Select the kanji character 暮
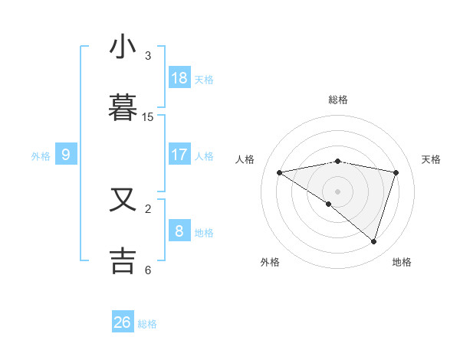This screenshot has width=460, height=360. [x=123, y=108]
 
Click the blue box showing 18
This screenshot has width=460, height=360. [x=179, y=78]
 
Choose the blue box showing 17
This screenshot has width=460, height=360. [x=179, y=155]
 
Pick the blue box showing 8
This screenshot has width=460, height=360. [x=179, y=231]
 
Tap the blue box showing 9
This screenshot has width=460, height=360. [x=66, y=155]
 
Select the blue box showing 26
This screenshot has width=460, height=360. [x=123, y=322]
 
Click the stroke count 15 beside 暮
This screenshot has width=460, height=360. [x=148, y=117]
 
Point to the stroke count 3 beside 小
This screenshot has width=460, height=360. [x=148, y=56]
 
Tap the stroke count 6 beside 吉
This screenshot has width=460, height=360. [x=148, y=270]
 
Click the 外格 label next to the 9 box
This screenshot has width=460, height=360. [x=41, y=155]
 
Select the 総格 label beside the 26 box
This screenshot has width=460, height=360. [x=147, y=324]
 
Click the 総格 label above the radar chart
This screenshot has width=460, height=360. [x=338, y=100]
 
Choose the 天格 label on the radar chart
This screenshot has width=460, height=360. [x=432, y=159]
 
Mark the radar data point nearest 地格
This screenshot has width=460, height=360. [x=373, y=241]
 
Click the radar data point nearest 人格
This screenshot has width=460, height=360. [x=280, y=172]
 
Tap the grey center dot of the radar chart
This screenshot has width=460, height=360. [x=337, y=191]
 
